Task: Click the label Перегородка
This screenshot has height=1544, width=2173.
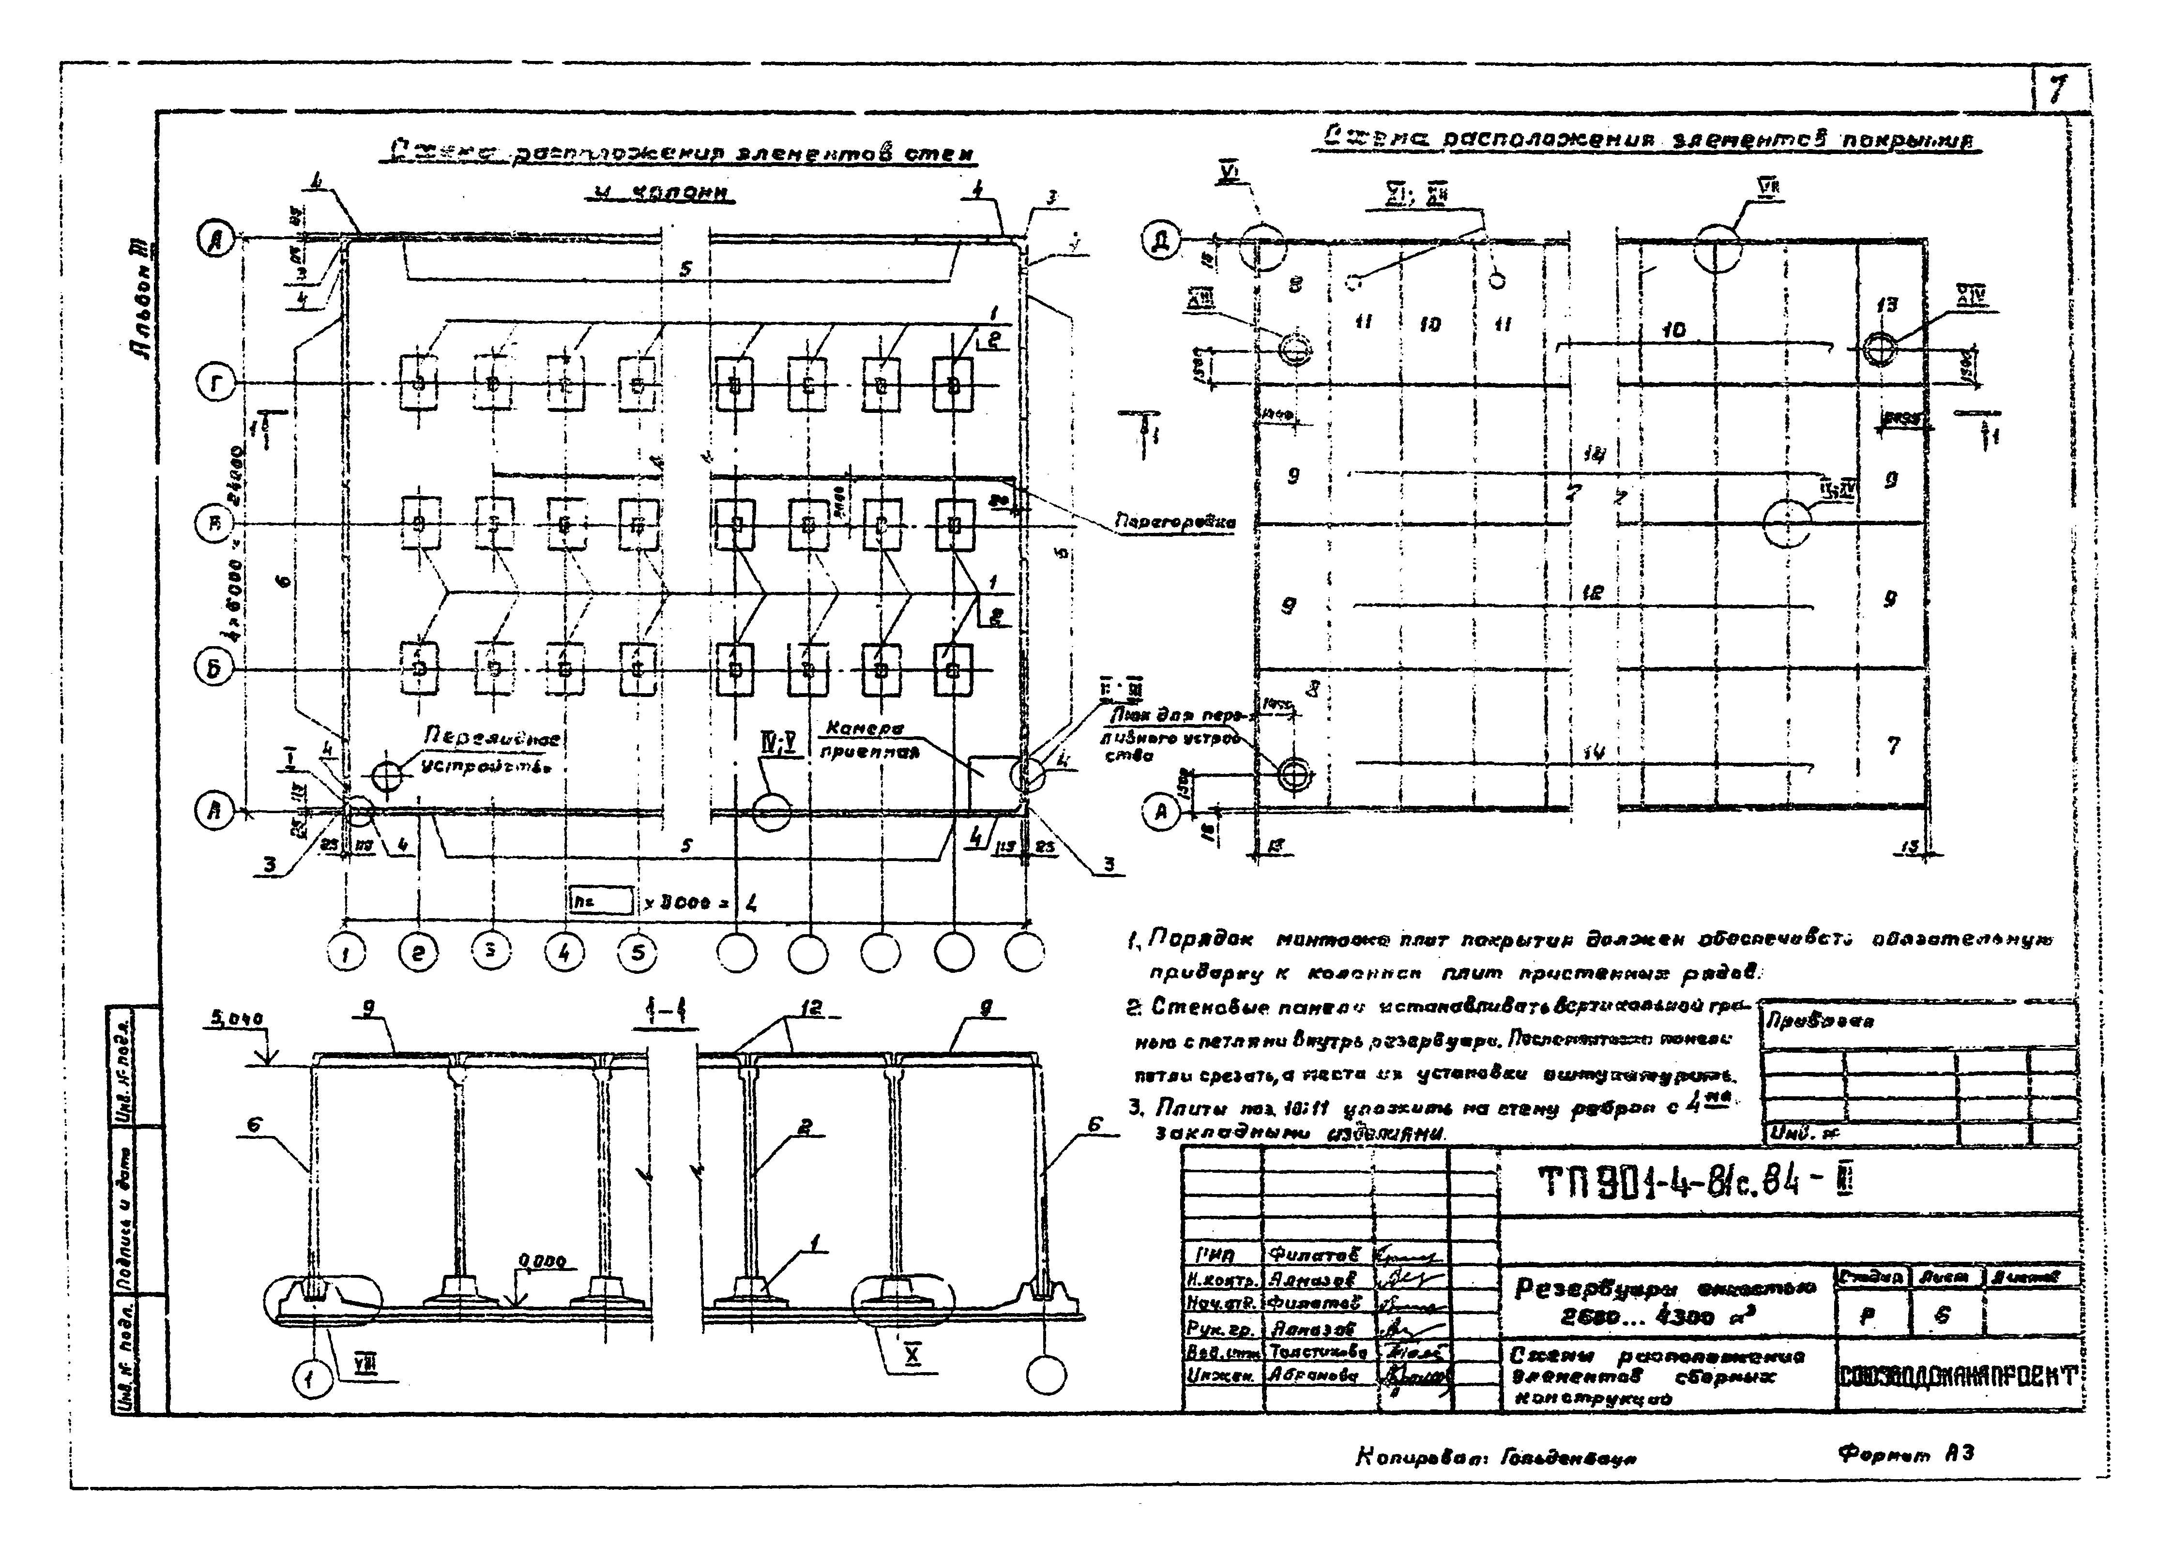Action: (x=1174, y=522)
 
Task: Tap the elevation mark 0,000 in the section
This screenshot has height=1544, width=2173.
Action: (x=542, y=1263)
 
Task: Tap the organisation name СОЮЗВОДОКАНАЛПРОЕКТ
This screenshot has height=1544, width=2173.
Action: (x=1958, y=1376)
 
